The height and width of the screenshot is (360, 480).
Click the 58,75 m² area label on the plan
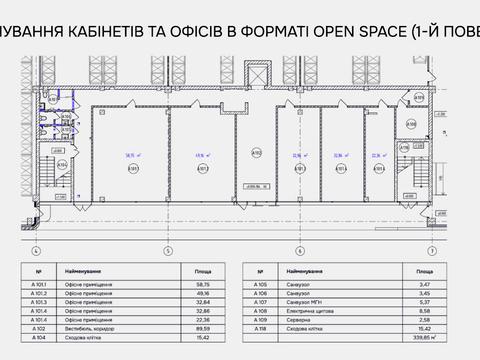coord(130,156)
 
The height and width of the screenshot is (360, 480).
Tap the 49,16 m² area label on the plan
coord(199,156)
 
